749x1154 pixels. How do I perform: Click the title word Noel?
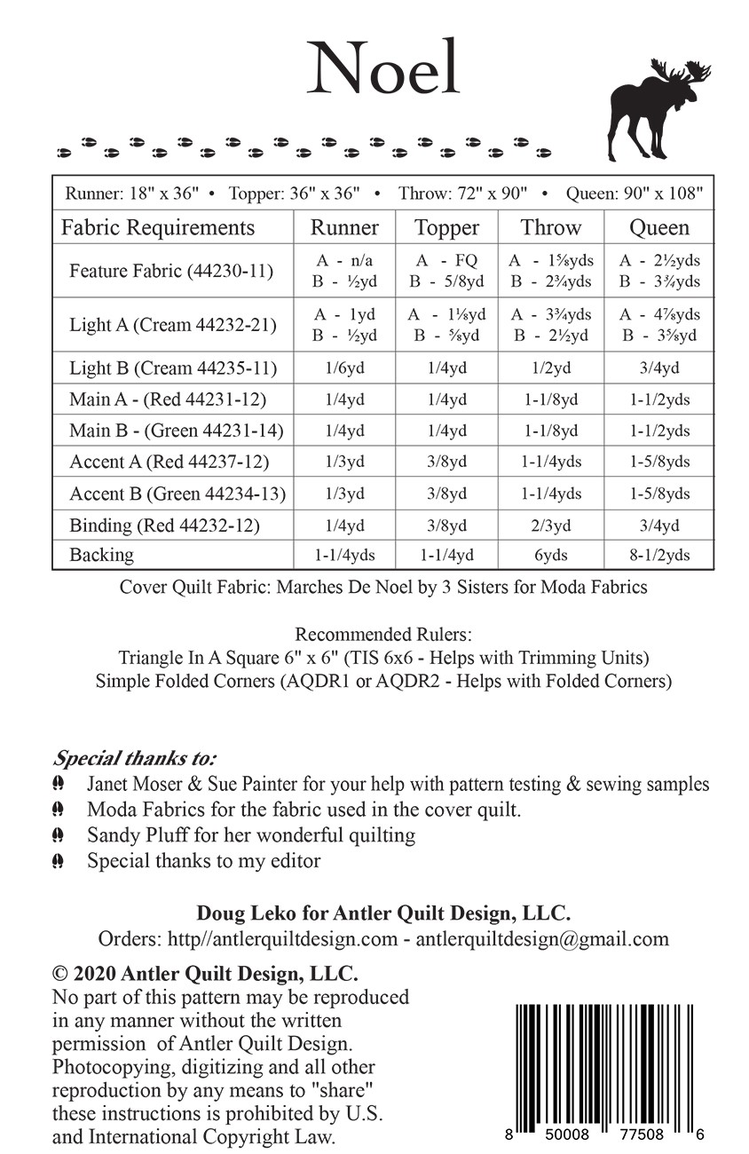pyautogui.click(x=383, y=68)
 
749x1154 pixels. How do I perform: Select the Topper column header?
pyautogui.click(x=446, y=227)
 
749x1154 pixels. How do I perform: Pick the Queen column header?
pyautogui.click(x=658, y=227)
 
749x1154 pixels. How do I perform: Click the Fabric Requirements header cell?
pyautogui.click(x=157, y=227)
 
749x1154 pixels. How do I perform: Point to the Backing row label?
pyautogui.click(x=102, y=555)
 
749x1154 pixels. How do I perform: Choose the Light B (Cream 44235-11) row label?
pyautogui.click(x=173, y=368)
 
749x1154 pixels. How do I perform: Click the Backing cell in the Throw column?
pyautogui.click(x=550, y=555)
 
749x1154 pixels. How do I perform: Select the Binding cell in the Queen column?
pyautogui.click(x=658, y=526)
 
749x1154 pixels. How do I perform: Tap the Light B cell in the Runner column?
pyautogui.click(x=345, y=368)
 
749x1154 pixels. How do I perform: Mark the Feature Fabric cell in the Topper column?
pyautogui.click(x=446, y=271)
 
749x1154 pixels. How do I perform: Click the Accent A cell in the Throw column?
pyautogui.click(x=550, y=462)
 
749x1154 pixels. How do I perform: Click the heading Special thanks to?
pyautogui.click(x=135, y=759)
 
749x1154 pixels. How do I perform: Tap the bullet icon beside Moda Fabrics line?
pyautogui.click(x=59, y=810)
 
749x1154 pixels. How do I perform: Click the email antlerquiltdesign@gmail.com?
pyautogui.click(x=542, y=939)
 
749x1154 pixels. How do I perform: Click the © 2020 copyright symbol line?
pyautogui.click(x=205, y=975)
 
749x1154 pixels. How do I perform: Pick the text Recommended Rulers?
pyautogui.click(x=382, y=635)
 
